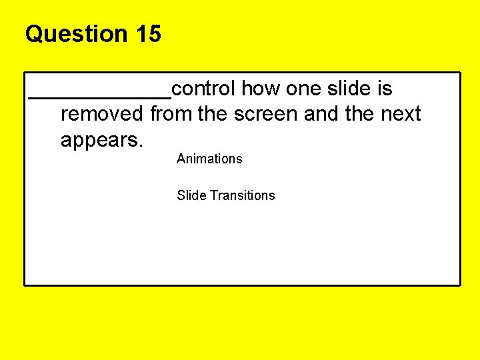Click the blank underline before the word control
[x=99, y=96]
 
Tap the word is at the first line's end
[x=385, y=89]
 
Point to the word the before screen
[x=213, y=115]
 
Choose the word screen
[x=265, y=115]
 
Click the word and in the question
[x=321, y=115]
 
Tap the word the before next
[x=360, y=115]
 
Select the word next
[x=401, y=115]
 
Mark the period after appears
[x=142, y=146]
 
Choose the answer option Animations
[x=209, y=159]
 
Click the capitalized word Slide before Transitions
[x=191, y=195]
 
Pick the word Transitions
[x=242, y=195]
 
